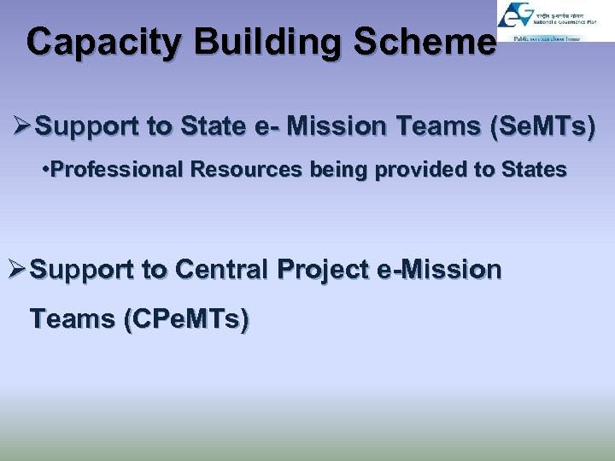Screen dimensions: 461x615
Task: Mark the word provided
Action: (x=419, y=170)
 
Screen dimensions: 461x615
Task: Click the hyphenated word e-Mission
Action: (x=439, y=270)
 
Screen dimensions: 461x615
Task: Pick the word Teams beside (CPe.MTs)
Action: (x=73, y=319)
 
